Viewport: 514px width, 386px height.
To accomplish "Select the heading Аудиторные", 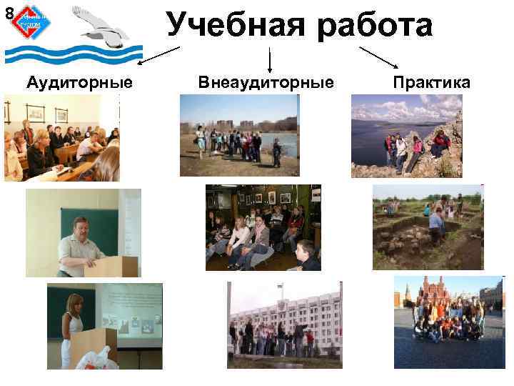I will [79, 83].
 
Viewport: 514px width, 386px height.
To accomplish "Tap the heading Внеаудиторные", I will [266, 83].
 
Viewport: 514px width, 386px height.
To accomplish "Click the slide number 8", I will [8, 12].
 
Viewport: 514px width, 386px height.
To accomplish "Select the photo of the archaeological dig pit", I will [428, 227].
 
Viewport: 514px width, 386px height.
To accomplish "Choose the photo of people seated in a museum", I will [263, 227].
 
